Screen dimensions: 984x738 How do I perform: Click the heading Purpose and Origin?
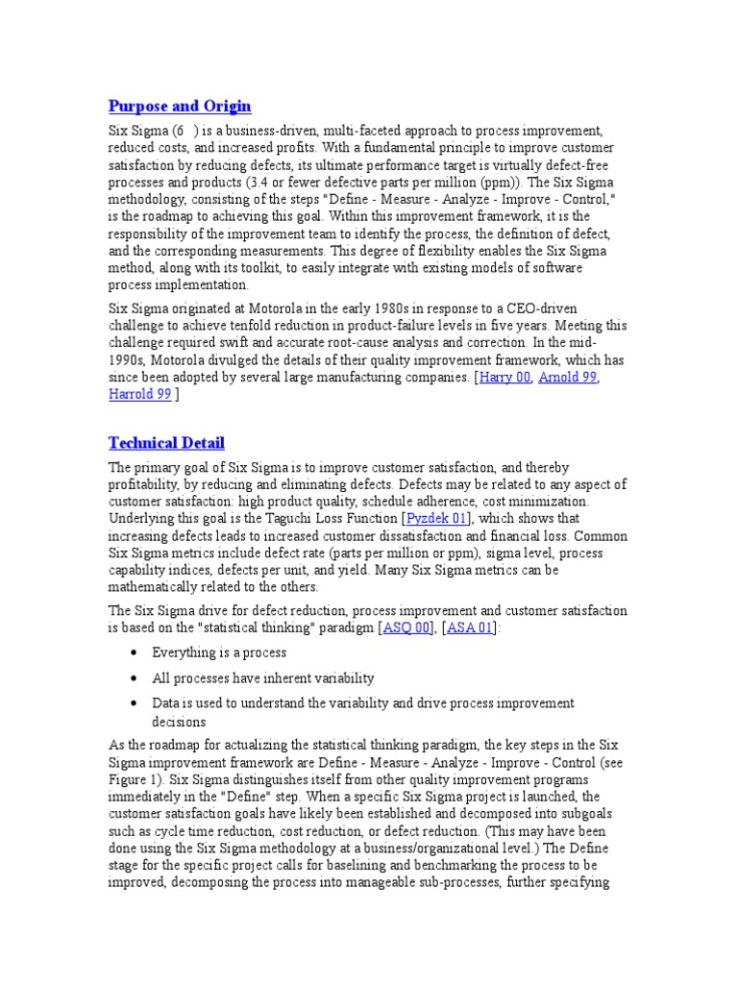point(180,106)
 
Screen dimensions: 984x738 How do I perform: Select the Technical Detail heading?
point(166,442)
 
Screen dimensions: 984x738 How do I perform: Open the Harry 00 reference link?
point(504,378)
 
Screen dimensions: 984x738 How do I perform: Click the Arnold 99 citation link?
point(567,378)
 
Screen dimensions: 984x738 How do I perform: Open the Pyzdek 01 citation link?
point(437,519)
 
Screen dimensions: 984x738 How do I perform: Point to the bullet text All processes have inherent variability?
point(262,677)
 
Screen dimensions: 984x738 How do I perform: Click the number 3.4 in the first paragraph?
point(282,182)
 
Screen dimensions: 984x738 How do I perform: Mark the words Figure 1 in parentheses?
point(135,779)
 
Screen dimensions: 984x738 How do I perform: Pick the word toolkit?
point(276,268)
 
